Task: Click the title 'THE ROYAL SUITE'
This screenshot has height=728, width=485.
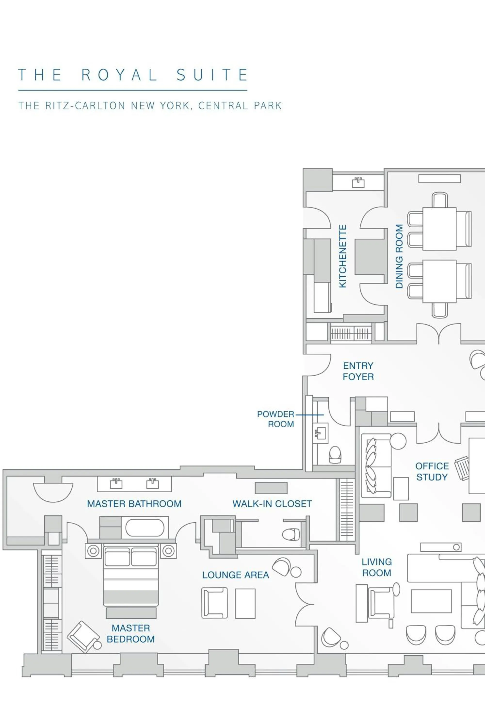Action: (x=133, y=75)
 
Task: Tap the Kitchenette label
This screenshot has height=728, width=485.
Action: (x=343, y=256)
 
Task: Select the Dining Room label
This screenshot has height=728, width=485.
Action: (x=399, y=256)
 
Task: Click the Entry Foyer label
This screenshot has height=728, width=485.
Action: (x=358, y=371)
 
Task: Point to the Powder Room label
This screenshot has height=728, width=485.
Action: (x=275, y=419)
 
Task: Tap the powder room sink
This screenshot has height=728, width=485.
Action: (x=320, y=433)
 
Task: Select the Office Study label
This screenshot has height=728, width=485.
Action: (x=432, y=472)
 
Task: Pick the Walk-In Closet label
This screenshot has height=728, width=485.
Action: (x=272, y=504)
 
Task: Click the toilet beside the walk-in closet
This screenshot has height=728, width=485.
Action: (x=291, y=534)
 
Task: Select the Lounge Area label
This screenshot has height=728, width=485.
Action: (x=236, y=575)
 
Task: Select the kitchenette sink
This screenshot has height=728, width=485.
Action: (x=358, y=183)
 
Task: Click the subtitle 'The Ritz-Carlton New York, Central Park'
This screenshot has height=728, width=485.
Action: (x=150, y=106)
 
